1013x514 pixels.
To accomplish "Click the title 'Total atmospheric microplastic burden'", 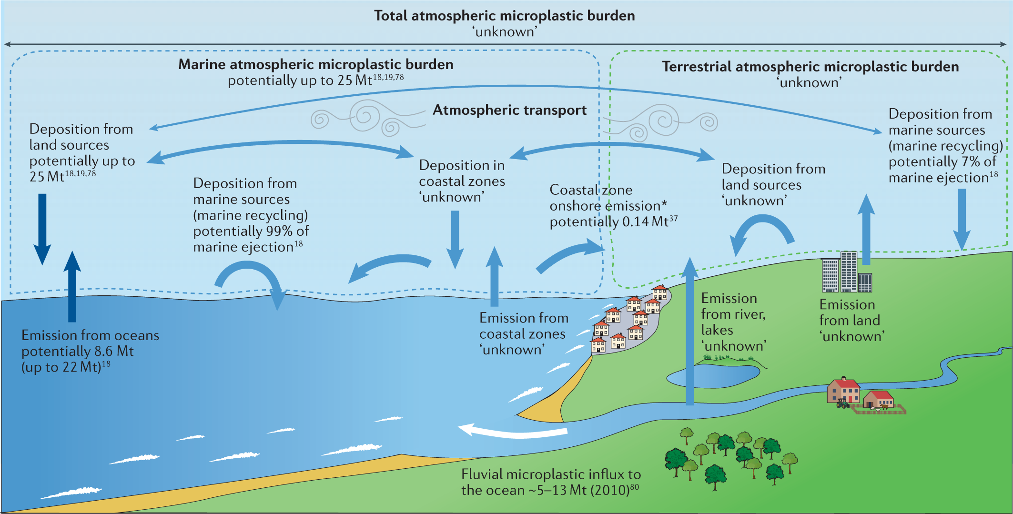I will [504, 16].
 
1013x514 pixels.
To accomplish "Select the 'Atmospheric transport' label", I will [509, 110].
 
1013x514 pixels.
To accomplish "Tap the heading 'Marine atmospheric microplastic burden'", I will [315, 64].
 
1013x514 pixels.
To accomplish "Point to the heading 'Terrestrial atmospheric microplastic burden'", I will [810, 67].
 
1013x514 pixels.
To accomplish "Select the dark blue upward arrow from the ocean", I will [72, 286].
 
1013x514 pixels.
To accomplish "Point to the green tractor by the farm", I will [842, 404].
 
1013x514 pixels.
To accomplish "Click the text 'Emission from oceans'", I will [90, 335].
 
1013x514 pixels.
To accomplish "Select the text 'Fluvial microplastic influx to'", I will [551, 474].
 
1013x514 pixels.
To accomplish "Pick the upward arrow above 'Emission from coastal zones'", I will [494, 276].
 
